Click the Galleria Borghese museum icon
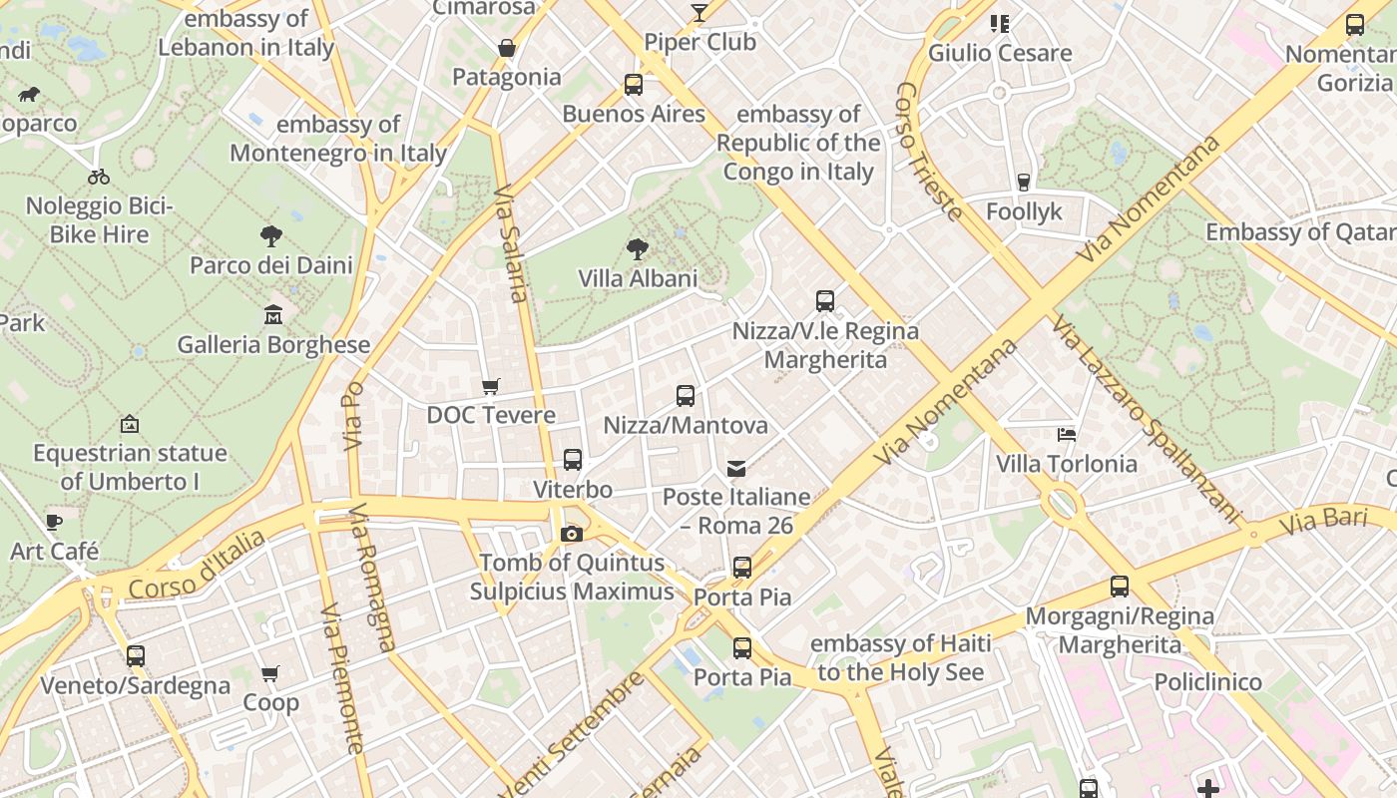tap(272, 315)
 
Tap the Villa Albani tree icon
tap(638, 248)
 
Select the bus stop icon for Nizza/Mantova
tap(686, 395)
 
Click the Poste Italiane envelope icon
tap(736, 468)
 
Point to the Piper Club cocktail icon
tap(699, 13)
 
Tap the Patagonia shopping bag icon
tap(507, 48)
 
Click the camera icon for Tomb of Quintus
tap(572, 534)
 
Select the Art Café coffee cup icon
tap(54, 522)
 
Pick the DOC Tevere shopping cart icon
tap(490, 386)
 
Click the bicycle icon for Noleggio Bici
tap(99, 177)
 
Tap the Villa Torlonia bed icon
tap(1067, 434)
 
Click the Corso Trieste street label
tap(929, 151)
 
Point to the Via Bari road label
tap(1322, 519)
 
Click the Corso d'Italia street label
tap(197, 566)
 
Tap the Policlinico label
tap(1207, 682)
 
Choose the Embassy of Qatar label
tap(1299, 231)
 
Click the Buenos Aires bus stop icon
tap(634, 85)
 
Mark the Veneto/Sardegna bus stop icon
tap(136, 656)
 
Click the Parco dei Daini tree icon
tap(270, 236)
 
